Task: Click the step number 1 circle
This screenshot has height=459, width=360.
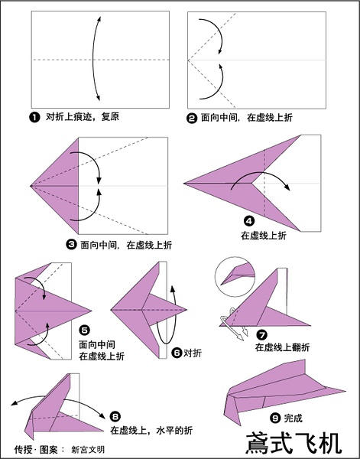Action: (x=34, y=118)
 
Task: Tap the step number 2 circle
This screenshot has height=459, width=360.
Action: (x=192, y=119)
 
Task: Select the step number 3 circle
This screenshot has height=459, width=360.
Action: (x=71, y=245)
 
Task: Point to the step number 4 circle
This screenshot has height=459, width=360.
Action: (x=248, y=221)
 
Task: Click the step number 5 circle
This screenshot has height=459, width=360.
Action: (x=84, y=330)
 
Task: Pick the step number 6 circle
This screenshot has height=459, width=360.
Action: (x=177, y=353)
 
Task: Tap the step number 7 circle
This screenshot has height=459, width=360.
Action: (x=261, y=334)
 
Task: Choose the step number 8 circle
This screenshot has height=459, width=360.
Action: (x=115, y=416)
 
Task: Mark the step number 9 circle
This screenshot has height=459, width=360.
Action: (x=275, y=418)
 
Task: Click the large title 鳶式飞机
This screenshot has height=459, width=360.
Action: (x=294, y=443)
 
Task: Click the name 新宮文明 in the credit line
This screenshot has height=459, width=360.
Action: (x=88, y=450)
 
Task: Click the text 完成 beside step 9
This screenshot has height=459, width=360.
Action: (x=293, y=418)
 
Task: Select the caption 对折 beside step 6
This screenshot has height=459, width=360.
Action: (x=193, y=353)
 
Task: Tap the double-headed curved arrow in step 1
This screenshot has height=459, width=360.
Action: (x=93, y=59)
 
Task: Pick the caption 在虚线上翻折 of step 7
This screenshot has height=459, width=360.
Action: (x=282, y=347)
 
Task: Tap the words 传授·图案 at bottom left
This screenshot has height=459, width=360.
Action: (x=36, y=450)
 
